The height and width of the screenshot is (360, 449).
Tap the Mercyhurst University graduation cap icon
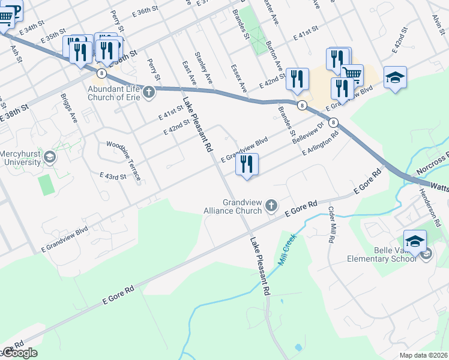click(x=50, y=158)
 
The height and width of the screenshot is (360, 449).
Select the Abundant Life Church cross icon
click(x=148, y=92)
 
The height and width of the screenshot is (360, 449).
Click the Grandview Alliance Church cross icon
click(x=271, y=206)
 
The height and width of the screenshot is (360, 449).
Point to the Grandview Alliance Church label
click(x=243, y=206)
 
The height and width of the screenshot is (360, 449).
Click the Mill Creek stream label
click(x=288, y=250)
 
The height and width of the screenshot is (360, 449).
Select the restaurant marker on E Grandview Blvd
click(x=247, y=164)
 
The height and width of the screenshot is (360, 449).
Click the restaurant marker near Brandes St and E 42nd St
click(x=297, y=79)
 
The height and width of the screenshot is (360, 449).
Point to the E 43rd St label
click(x=113, y=176)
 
